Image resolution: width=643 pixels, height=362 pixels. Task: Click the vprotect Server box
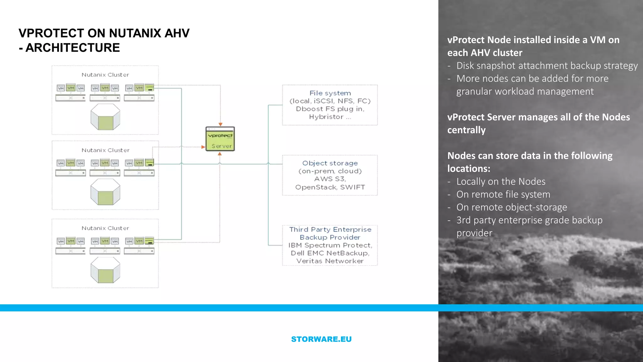point(220,139)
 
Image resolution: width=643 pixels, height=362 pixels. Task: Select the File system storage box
point(330,105)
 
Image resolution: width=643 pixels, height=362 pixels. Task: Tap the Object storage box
point(330,175)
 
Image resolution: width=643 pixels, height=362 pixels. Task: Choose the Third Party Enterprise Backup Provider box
point(330,245)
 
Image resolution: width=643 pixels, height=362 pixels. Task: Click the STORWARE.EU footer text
point(321,339)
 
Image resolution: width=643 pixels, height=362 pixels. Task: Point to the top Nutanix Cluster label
point(105,75)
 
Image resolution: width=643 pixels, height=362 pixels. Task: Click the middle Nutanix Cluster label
point(105,150)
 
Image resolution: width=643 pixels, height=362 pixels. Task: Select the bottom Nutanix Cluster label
point(105,228)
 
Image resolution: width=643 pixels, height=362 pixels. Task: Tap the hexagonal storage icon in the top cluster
point(105,117)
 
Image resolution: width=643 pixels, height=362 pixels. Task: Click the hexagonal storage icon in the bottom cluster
point(105,270)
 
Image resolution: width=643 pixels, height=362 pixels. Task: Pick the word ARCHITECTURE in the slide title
point(73,48)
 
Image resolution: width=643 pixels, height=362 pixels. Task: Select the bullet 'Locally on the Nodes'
point(501,182)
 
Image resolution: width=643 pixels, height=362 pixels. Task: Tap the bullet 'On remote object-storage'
point(511,207)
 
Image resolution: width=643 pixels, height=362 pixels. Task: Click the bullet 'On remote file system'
point(503,195)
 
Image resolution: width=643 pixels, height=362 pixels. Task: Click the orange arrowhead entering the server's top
point(220,124)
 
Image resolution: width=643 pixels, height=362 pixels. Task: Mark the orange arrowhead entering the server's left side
point(203,147)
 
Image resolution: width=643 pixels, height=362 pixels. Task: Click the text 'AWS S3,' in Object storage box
point(330,179)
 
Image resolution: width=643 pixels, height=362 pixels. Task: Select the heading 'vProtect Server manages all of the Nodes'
point(538,117)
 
